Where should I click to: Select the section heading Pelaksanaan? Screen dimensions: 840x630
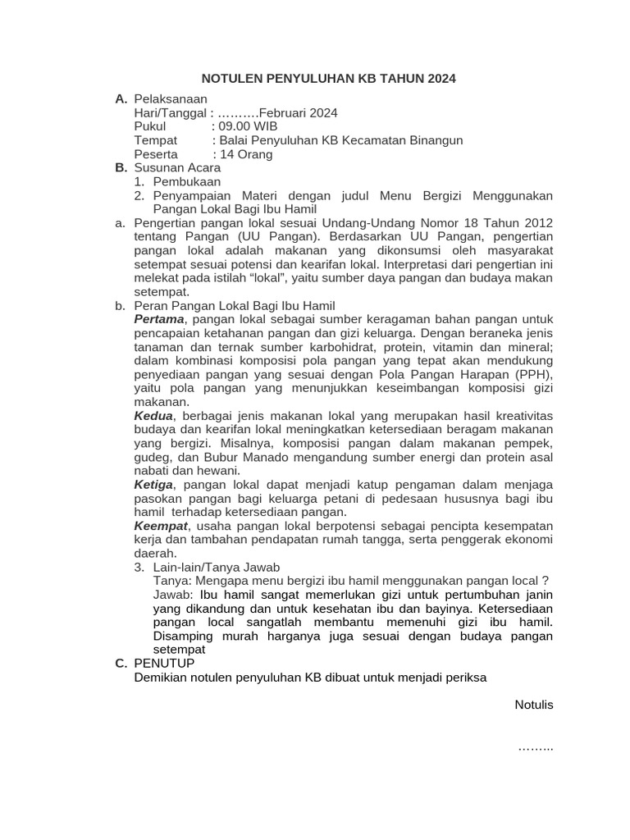[171, 99]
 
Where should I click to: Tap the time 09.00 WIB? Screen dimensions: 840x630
[244, 126]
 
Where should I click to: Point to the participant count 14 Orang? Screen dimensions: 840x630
[243, 154]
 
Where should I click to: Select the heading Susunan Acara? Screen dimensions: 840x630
[177, 168]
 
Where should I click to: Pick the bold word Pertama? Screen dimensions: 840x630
[160, 319]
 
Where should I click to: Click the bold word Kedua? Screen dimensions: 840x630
[153, 416]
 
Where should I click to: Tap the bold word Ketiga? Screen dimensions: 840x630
[154, 485]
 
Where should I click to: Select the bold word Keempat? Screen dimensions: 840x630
[161, 526]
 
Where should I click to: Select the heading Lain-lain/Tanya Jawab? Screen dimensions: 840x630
[217, 567]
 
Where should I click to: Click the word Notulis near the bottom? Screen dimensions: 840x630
[534, 705]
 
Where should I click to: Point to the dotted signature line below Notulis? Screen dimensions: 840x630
[536, 747]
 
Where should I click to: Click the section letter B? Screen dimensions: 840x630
[121, 168]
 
